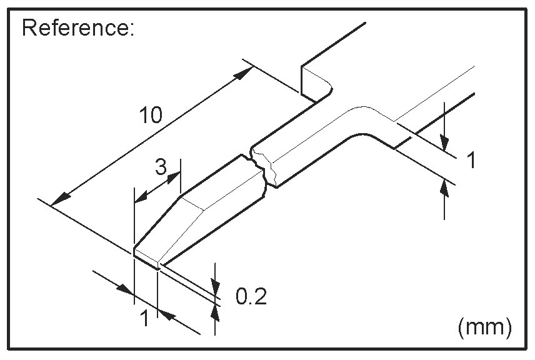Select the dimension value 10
152,115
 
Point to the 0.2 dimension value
251,296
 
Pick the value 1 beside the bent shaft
472,161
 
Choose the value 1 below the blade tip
144,319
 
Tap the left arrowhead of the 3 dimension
140,197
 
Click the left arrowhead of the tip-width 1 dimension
127,291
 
